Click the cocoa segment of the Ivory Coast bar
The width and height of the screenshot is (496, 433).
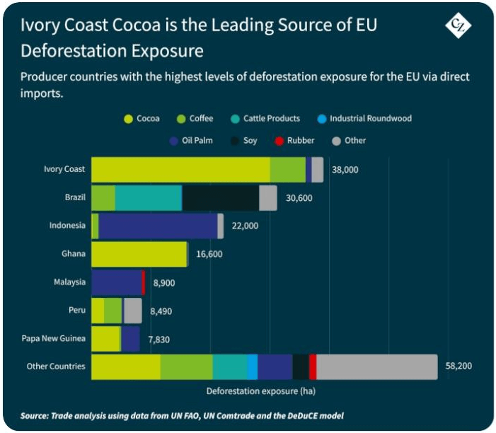(x=180, y=170)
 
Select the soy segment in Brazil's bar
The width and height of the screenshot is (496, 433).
(x=220, y=198)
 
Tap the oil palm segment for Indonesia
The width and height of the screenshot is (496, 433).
(x=158, y=226)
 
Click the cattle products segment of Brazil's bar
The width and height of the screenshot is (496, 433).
(x=148, y=198)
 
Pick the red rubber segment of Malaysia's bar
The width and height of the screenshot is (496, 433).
(x=144, y=282)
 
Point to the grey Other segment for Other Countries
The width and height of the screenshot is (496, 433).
(x=376, y=366)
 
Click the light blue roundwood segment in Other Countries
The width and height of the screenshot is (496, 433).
(x=253, y=366)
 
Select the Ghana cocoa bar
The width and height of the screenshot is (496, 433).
(x=139, y=254)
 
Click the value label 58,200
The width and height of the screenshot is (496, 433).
(x=458, y=366)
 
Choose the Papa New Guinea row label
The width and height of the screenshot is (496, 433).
(x=54, y=338)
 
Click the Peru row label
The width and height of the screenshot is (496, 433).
(x=75, y=310)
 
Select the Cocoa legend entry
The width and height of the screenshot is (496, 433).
(x=144, y=118)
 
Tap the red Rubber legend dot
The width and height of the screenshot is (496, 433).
(x=278, y=141)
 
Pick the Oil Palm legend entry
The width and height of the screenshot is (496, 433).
(x=192, y=141)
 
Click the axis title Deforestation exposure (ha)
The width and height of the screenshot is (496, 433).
(x=260, y=391)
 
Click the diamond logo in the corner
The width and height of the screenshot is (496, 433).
(x=458, y=26)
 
